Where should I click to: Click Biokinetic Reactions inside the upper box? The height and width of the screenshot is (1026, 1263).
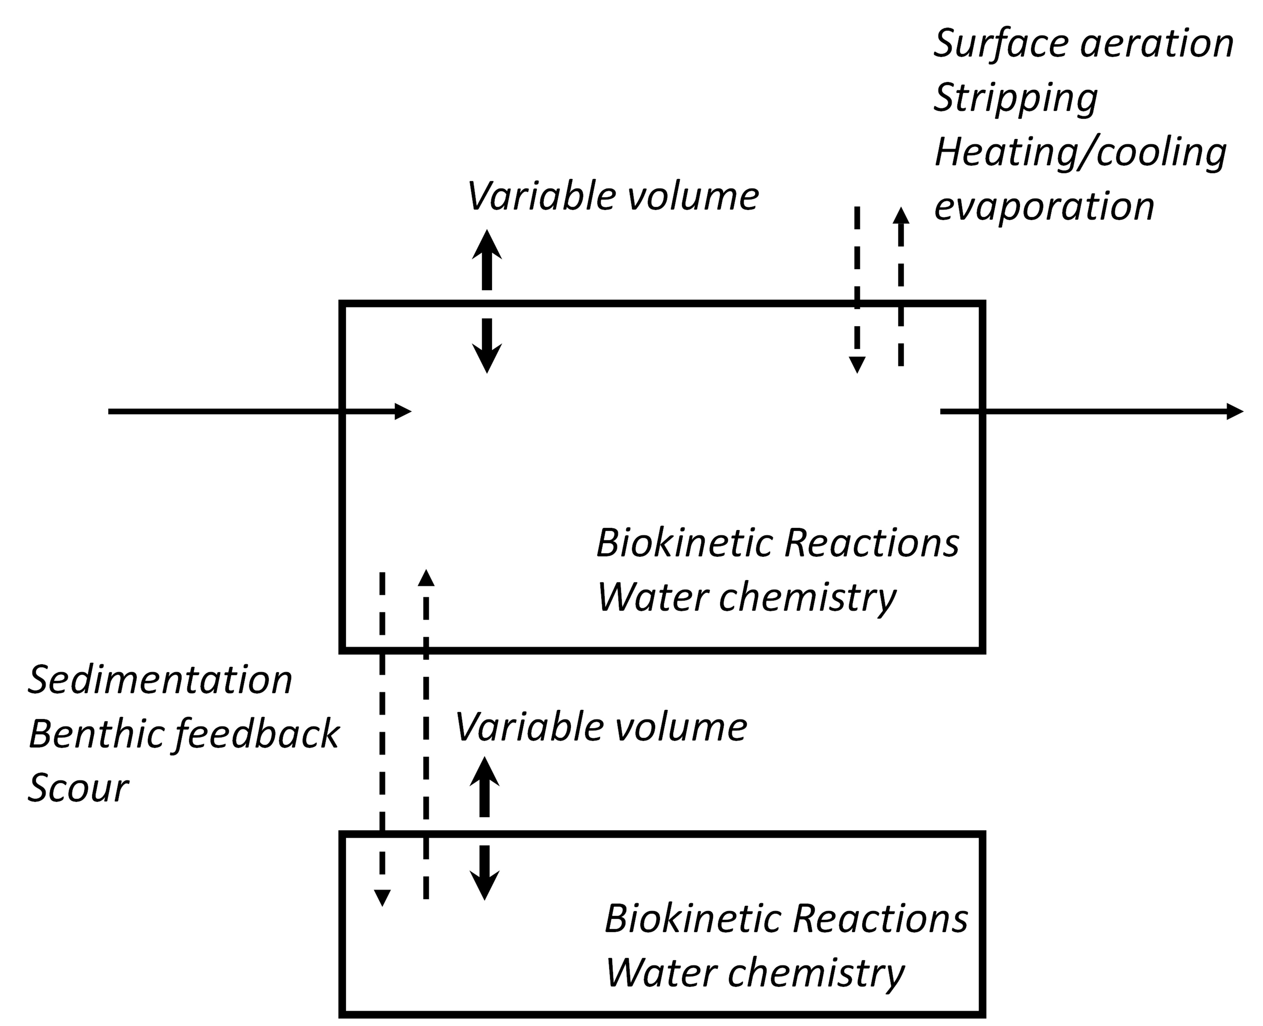coord(777,543)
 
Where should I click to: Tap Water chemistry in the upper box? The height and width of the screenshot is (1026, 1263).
coord(746,597)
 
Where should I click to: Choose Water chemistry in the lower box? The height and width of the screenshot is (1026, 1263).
coord(755,972)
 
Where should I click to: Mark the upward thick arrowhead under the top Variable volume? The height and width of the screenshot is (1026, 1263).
coord(487,244)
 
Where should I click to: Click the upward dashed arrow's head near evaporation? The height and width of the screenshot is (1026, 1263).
coord(901,215)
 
